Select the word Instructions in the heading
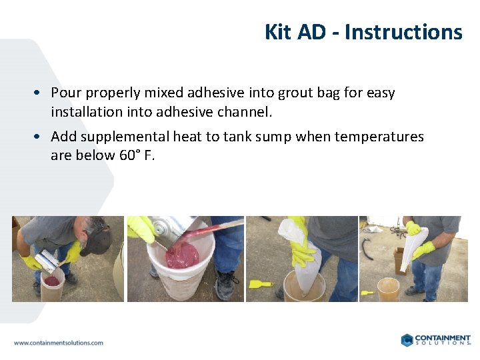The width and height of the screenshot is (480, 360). coord(403,32)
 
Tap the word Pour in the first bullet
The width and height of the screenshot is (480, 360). coord(66,93)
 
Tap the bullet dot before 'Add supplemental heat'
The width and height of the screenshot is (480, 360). coord(41,137)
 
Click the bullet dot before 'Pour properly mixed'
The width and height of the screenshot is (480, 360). coord(41,93)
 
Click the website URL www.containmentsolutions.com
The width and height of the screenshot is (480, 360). coord(58,343)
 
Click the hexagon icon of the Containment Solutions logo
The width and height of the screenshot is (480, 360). coord(407,340)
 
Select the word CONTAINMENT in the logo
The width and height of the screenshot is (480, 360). coord(443,337)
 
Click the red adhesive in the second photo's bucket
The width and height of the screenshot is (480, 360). coord(181,255)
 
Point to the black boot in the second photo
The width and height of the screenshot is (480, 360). coord(227,286)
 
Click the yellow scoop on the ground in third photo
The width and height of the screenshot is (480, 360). coord(259,284)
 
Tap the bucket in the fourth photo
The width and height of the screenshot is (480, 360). coord(388,289)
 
